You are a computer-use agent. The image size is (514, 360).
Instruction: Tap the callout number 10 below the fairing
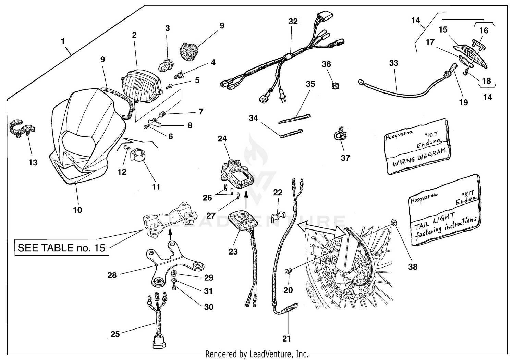(77, 210)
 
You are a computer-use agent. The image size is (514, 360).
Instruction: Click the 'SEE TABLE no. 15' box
(62, 248)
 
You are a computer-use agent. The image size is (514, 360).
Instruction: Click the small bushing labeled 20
(288, 271)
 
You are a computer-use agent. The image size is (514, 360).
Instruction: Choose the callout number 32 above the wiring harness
(293, 21)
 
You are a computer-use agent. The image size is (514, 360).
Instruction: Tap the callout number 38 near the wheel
(413, 266)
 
